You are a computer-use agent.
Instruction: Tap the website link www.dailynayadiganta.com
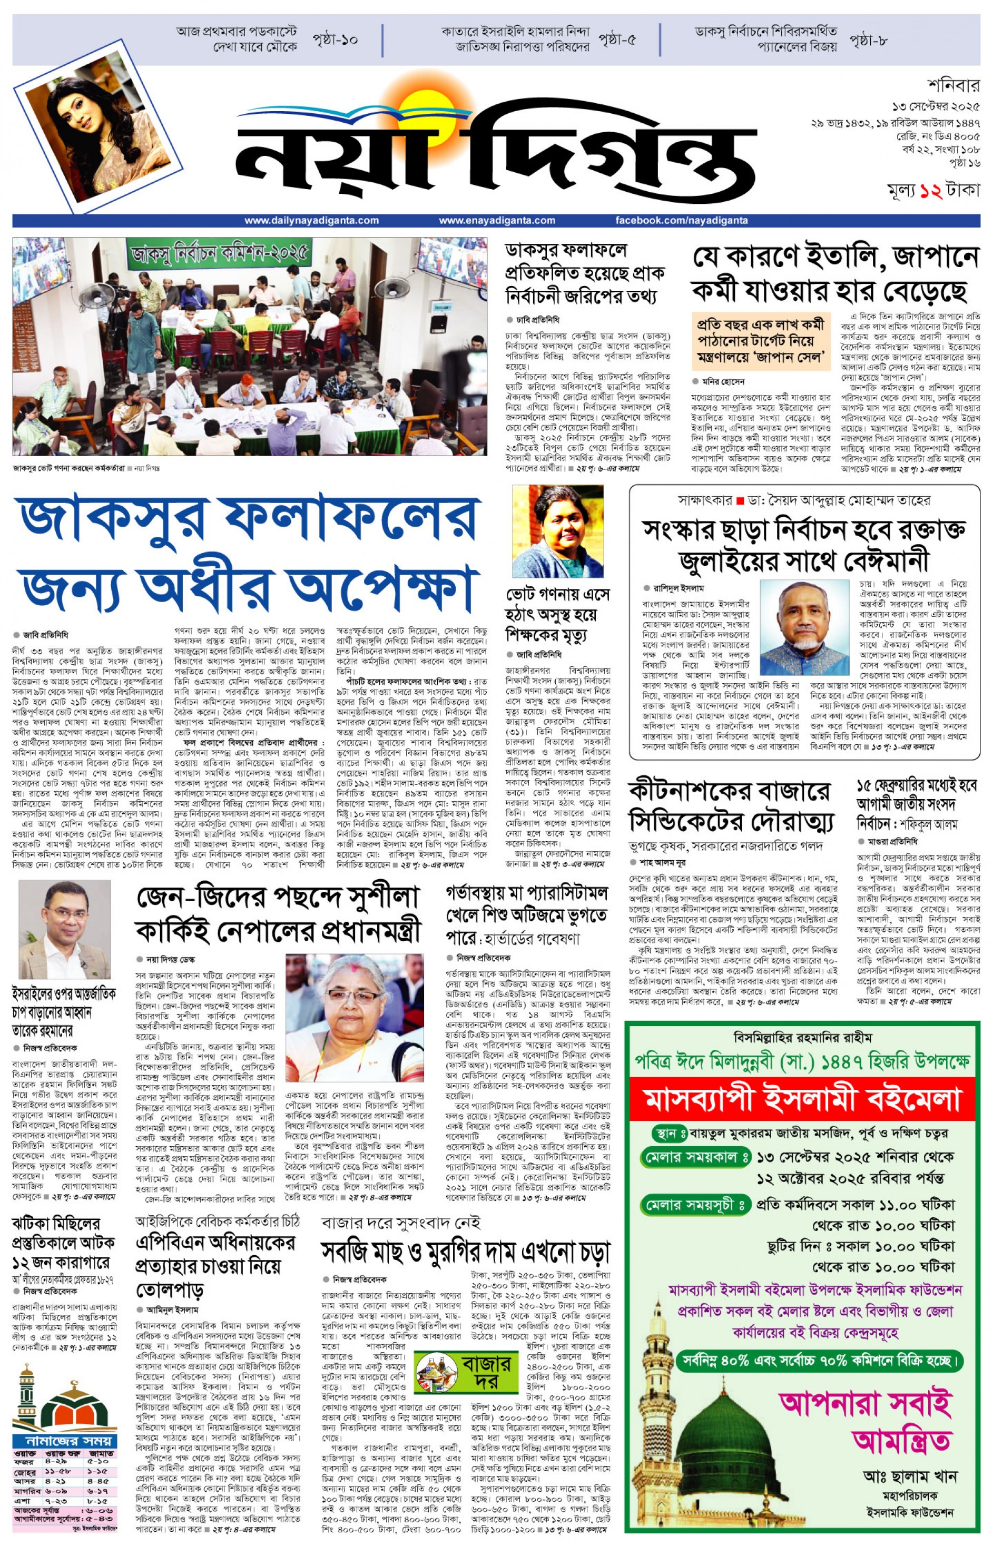click(311, 221)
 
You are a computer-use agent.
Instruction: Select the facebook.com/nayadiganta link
click(682, 221)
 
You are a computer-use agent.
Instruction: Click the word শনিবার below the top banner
click(953, 86)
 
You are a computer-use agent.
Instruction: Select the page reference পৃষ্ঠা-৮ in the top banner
click(868, 40)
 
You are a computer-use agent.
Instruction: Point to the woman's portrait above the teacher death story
click(558, 532)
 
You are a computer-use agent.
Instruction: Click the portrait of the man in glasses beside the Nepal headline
click(64, 928)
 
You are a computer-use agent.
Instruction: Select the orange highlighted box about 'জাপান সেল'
click(760, 340)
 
